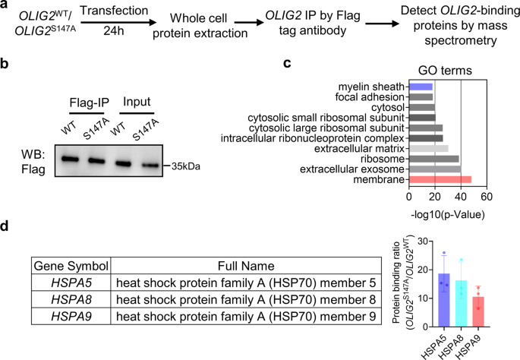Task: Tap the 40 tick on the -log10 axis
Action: point(461,196)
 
